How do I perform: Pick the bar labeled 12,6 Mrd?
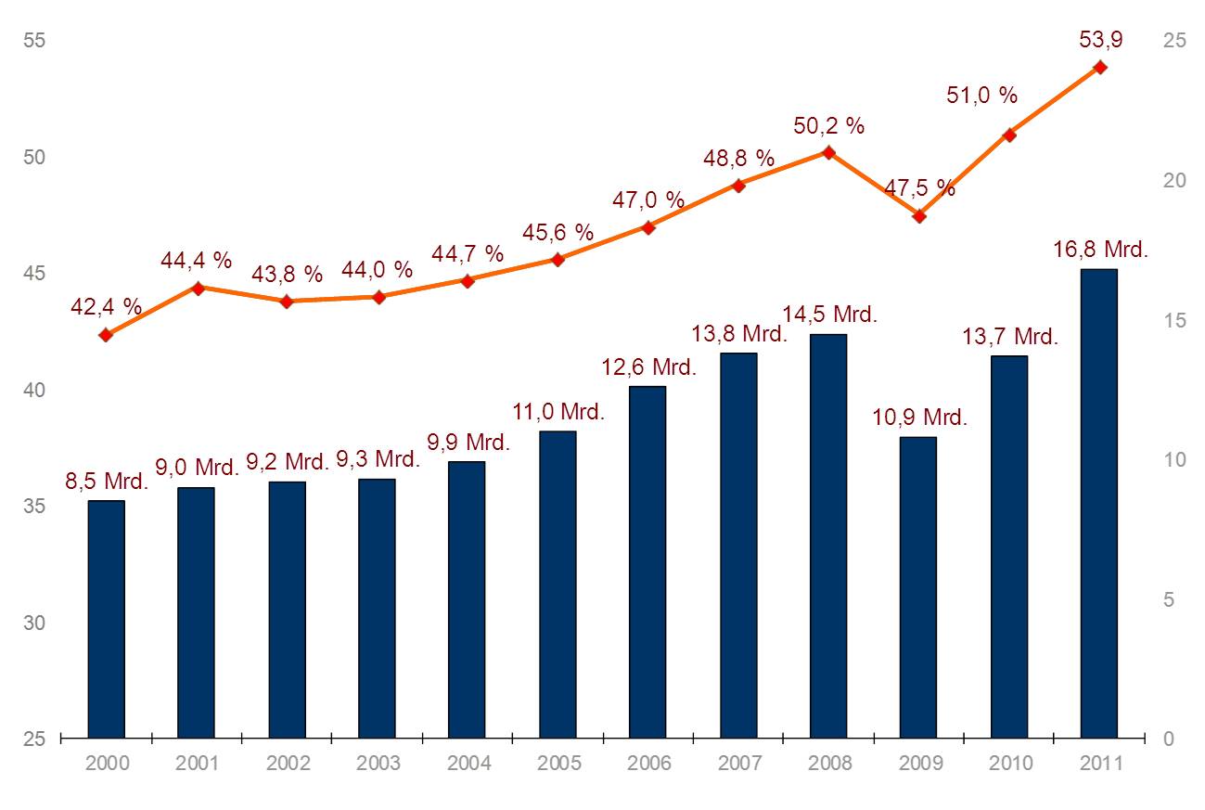pos(647,561)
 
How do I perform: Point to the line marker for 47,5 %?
pos(919,216)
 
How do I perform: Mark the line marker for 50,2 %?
pos(829,152)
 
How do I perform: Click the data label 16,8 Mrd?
pos(1101,250)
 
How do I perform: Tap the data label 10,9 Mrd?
pos(919,417)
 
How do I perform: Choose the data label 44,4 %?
pos(196,262)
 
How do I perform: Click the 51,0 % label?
pos(981,95)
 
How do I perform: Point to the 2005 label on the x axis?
pos(559,764)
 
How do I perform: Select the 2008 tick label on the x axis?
pos(830,764)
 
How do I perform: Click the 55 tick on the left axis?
pos(35,41)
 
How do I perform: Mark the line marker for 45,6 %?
pos(558,260)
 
